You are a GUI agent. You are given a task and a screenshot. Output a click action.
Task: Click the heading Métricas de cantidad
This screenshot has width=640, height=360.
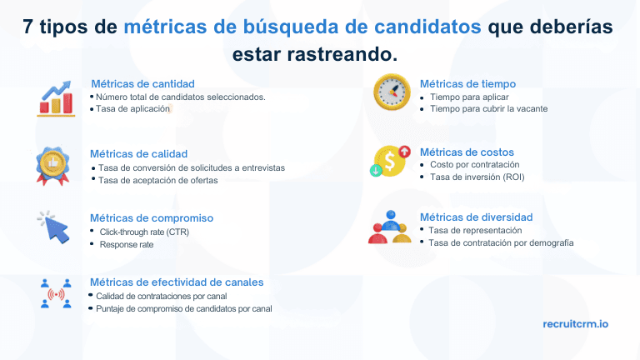(x=142, y=83)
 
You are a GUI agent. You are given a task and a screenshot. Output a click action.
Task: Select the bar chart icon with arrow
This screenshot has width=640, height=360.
(x=55, y=98)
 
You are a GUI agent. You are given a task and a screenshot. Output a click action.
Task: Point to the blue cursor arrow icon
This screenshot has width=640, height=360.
(x=53, y=226)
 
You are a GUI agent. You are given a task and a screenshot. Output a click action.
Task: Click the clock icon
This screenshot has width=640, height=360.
(x=391, y=92)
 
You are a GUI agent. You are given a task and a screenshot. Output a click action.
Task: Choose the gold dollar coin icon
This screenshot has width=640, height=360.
(x=390, y=161)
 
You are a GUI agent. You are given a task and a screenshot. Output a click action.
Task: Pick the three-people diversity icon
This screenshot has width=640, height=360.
(x=389, y=227)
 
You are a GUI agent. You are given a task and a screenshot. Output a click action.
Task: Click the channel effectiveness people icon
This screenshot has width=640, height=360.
(x=56, y=293)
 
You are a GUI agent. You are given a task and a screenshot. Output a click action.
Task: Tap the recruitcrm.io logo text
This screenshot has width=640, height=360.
(x=575, y=323)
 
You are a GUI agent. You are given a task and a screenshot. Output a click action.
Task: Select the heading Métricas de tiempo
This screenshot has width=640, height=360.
(x=467, y=83)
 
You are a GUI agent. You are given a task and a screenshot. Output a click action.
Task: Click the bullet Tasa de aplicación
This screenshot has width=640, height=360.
(x=132, y=109)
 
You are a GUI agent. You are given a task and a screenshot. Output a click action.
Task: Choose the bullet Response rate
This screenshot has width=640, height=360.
(x=127, y=245)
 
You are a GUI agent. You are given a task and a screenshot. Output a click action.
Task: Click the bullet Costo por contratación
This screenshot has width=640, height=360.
(x=474, y=165)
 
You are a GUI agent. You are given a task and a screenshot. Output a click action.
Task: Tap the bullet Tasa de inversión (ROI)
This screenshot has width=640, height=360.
(x=477, y=177)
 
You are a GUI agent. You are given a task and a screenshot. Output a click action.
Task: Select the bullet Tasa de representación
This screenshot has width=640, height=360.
(x=475, y=230)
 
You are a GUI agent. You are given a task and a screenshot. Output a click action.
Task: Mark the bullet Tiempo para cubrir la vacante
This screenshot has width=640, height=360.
(x=489, y=108)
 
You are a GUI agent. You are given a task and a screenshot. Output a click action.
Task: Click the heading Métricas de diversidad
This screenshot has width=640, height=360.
(x=476, y=217)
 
